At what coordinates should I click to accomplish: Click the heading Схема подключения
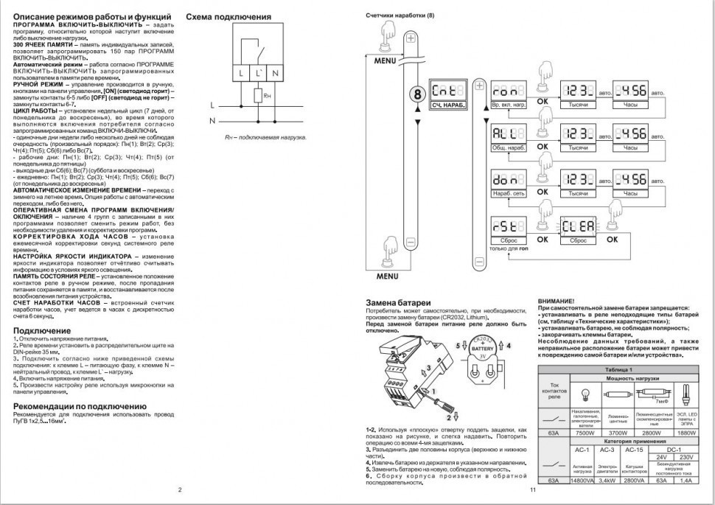[228, 16]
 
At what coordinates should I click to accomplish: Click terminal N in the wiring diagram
[275, 72]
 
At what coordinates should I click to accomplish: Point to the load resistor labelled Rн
[258, 95]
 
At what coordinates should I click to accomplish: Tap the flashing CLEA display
[578, 226]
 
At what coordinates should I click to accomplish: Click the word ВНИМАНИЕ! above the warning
[557, 302]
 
